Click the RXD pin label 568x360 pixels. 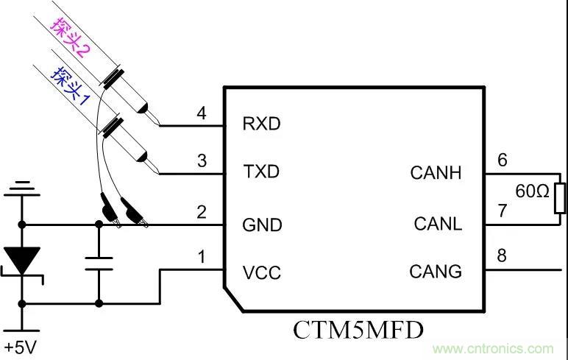click(261, 124)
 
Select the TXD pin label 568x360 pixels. click(261, 173)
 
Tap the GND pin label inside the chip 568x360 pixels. click(262, 224)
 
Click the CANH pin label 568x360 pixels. click(436, 173)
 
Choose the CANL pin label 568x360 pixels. click(437, 223)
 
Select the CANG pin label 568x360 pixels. click(436, 272)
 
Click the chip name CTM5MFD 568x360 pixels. click(358, 329)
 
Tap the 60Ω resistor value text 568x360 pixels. click(532, 192)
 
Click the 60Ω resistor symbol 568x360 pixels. click(560, 199)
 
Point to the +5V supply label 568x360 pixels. click(19, 346)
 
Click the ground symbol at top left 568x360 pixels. click(24, 190)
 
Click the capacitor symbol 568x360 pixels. click(98, 263)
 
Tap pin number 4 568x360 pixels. click(201, 113)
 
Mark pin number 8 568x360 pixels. click(503, 256)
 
